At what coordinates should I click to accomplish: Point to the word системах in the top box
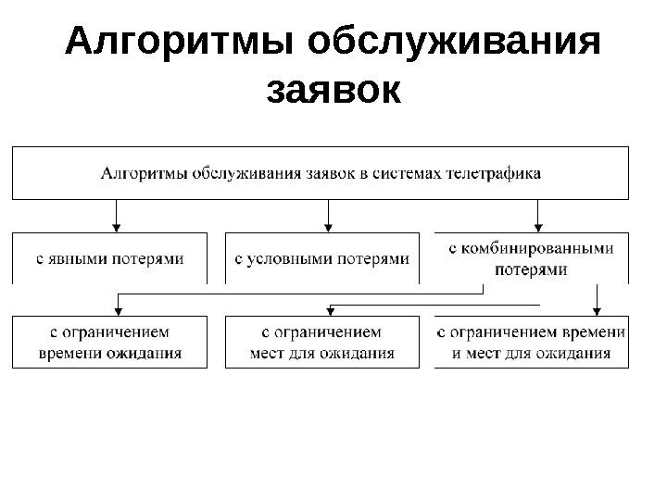point(409,173)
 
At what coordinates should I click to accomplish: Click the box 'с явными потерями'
point(110,257)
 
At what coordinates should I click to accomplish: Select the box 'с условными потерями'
point(322,257)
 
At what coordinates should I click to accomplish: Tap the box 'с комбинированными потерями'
point(531,257)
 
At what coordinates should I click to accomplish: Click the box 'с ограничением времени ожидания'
point(110,342)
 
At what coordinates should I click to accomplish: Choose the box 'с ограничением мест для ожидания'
point(322,342)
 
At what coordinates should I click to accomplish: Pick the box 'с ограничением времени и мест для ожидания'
point(531,342)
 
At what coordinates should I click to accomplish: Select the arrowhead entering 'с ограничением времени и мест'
point(598,309)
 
